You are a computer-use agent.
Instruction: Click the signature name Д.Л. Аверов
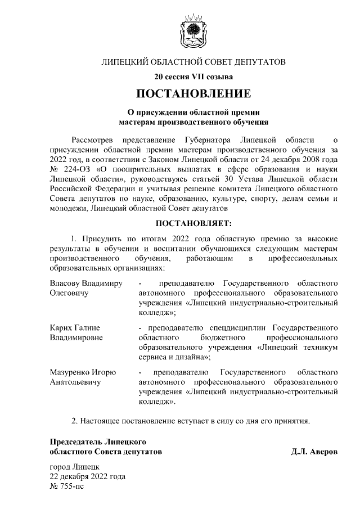314,452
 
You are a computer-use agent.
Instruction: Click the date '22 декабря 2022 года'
88,476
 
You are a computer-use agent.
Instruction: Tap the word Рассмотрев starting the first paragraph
94,138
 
